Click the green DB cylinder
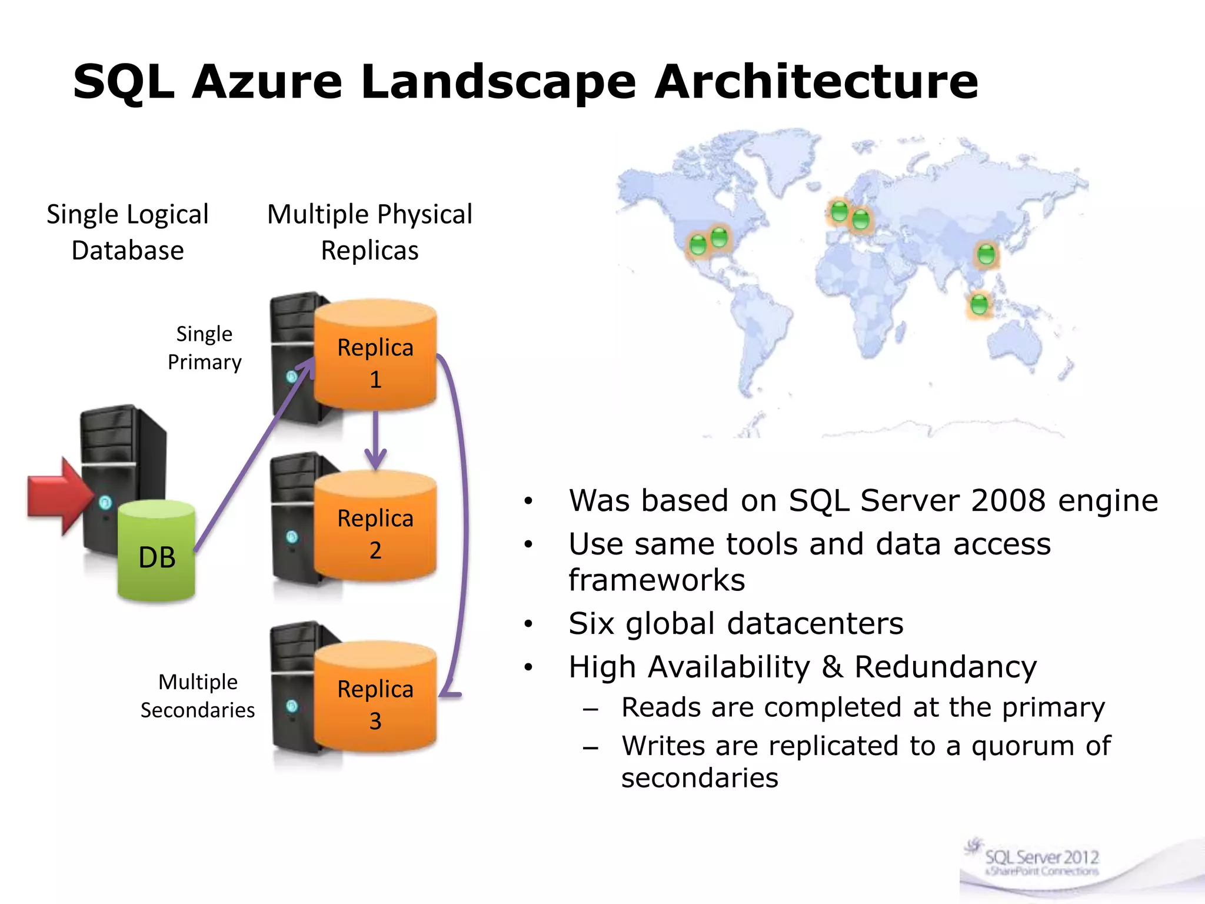tap(157, 553)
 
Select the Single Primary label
tap(204, 348)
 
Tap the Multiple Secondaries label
tap(198, 696)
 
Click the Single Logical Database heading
tap(128, 232)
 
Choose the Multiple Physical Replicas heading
tap(370, 232)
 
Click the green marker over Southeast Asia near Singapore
tap(979, 305)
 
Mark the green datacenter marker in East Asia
tap(986, 255)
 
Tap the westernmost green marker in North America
tap(698, 244)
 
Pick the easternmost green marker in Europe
tap(861, 220)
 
